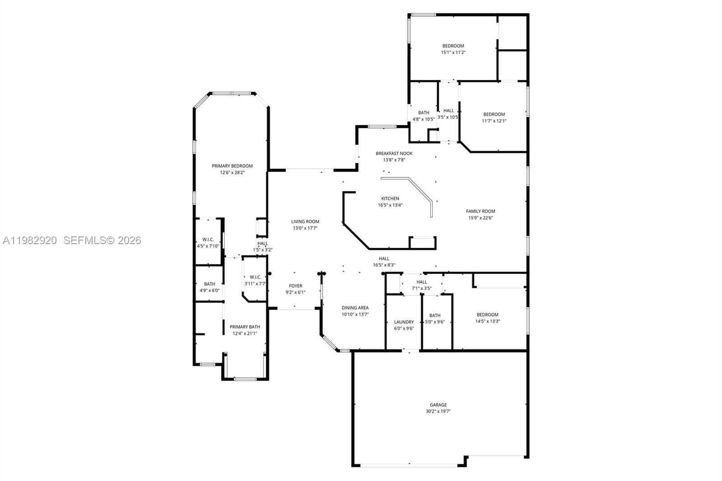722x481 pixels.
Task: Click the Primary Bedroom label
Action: point(232,166)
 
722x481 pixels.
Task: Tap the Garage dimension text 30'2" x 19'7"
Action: point(438,412)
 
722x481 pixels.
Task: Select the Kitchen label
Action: point(390,199)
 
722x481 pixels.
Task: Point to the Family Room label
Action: point(480,211)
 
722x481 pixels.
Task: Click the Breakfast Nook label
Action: point(394,153)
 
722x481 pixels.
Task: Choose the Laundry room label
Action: point(403,322)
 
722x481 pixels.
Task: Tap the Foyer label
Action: point(296,286)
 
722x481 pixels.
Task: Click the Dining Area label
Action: point(355,308)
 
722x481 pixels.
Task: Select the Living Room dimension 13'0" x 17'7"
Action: point(305,228)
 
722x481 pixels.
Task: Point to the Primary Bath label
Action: point(245,327)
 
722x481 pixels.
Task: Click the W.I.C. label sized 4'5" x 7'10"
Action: point(208,240)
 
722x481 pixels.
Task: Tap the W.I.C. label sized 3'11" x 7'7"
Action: point(255,277)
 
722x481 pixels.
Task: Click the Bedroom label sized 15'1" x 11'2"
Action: point(453,46)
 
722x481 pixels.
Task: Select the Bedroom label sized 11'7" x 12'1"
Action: point(494,115)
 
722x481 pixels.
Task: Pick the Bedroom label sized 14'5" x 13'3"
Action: point(487,315)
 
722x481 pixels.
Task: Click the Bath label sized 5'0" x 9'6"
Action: point(435,316)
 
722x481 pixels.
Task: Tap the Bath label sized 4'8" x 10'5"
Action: point(423,113)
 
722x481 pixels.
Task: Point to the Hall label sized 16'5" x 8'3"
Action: point(384,259)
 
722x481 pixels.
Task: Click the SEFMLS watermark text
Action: point(102,240)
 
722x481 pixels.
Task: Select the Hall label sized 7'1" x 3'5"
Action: point(421,282)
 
